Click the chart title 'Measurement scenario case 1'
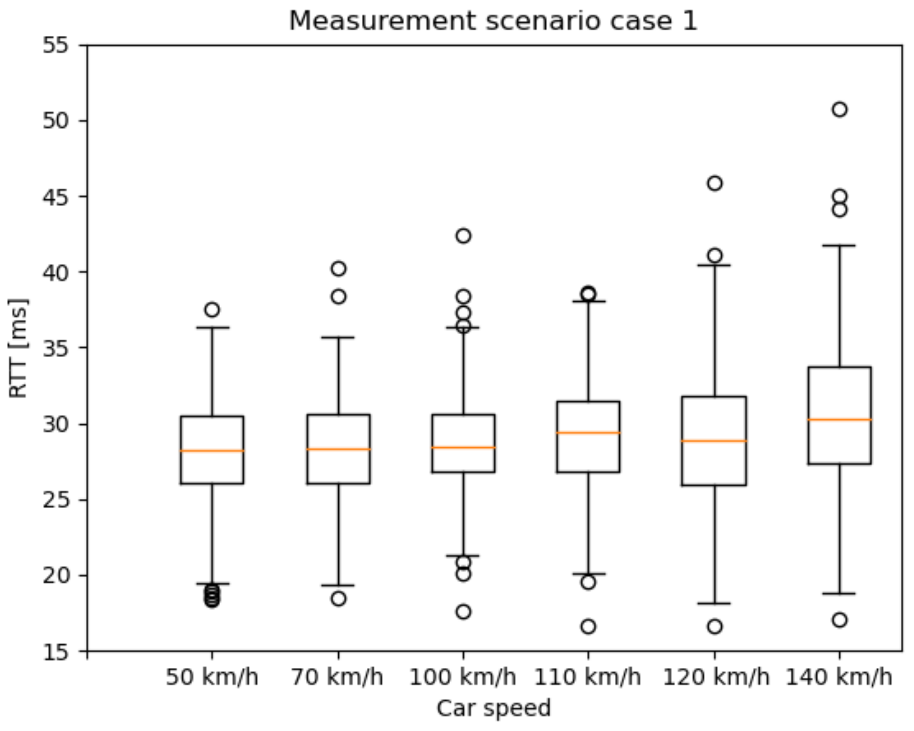tap(493, 21)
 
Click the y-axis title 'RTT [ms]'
tap(19, 348)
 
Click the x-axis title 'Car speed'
tap(494, 708)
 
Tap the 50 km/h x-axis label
tap(212, 678)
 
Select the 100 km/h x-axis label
tap(462, 678)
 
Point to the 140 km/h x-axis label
tap(839, 678)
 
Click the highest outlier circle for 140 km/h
tap(839, 109)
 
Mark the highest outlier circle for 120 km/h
tap(714, 183)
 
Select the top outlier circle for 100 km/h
tap(463, 236)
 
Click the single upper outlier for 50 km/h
tap(212, 310)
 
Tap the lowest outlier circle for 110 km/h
tap(588, 626)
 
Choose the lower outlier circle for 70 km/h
tap(338, 598)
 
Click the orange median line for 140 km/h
tap(839, 419)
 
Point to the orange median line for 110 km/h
tap(588, 433)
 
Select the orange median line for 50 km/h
tap(212, 451)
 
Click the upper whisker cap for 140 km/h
tap(839, 245)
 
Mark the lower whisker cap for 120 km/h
tap(714, 603)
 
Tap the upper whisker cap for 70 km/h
tap(338, 337)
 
